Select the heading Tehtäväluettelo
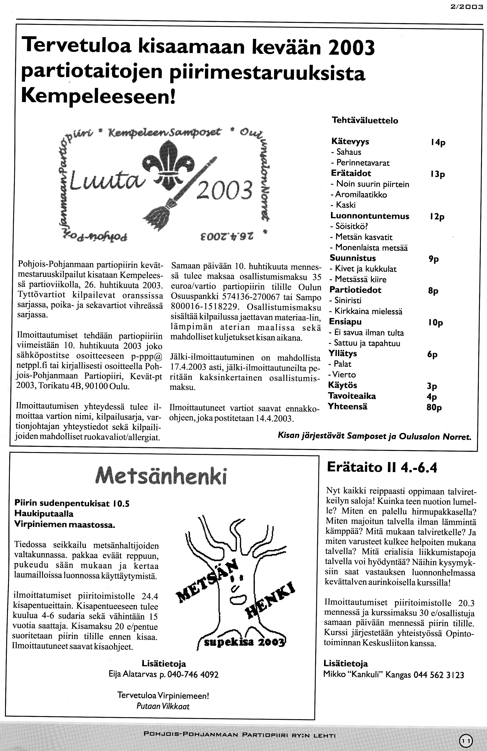pos(365,121)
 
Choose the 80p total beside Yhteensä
pos(434,407)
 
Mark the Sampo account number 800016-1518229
pos(206,307)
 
